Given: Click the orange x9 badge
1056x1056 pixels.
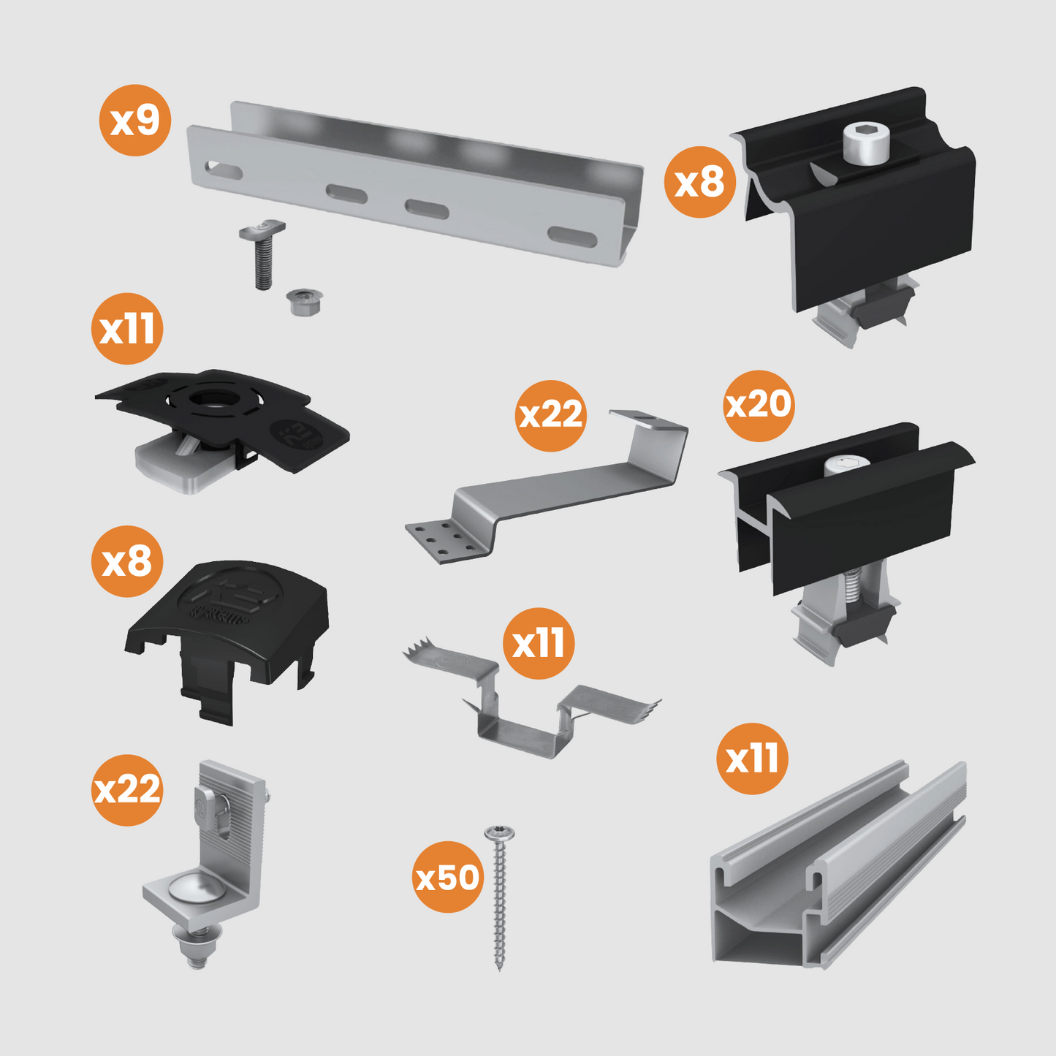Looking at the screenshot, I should click(x=135, y=120).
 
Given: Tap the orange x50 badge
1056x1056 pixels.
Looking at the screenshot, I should click(x=448, y=877).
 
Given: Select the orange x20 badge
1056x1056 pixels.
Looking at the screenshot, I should click(x=759, y=405).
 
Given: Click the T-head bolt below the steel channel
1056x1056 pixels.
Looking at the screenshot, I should click(x=262, y=252).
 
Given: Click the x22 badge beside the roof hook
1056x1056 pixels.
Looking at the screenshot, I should click(x=550, y=415).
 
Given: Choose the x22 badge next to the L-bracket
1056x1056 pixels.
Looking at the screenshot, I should click(x=127, y=790).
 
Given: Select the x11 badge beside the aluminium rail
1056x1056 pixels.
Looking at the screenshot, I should click(x=752, y=759).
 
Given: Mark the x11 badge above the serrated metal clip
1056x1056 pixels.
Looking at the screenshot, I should click(x=539, y=643).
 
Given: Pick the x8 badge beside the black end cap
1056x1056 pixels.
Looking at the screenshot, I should click(x=127, y=561).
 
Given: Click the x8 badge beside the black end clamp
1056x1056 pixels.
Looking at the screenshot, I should click(x=699, y=181).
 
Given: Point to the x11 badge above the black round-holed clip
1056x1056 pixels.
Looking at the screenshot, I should click(x=127, y=328).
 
